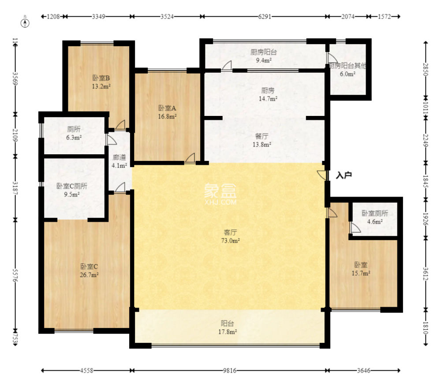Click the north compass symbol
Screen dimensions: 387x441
click(x=25, y=22)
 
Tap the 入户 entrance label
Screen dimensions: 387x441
click(x=344, y=175)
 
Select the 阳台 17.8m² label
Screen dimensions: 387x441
click(x=229, y=327)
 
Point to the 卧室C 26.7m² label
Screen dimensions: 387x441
click(x=89, y=271)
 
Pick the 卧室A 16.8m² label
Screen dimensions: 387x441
click(x=167, y=112)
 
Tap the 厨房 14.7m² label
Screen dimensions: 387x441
click(x=268, y=94)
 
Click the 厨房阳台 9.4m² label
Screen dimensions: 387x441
click(x=263, y=56)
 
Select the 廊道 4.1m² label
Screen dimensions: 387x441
click(x=120, y=161)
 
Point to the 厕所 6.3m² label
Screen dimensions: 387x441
click(x=74, y=134)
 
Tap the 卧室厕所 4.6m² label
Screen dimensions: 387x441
click(x=375, y=217)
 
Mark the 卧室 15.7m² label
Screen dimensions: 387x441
click(x=361, y=269)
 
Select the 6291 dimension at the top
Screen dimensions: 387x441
click(x=264, y=17)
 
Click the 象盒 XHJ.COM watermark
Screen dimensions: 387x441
click(x=220, y=194)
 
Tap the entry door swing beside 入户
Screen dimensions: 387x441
click(x=322, y=174)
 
